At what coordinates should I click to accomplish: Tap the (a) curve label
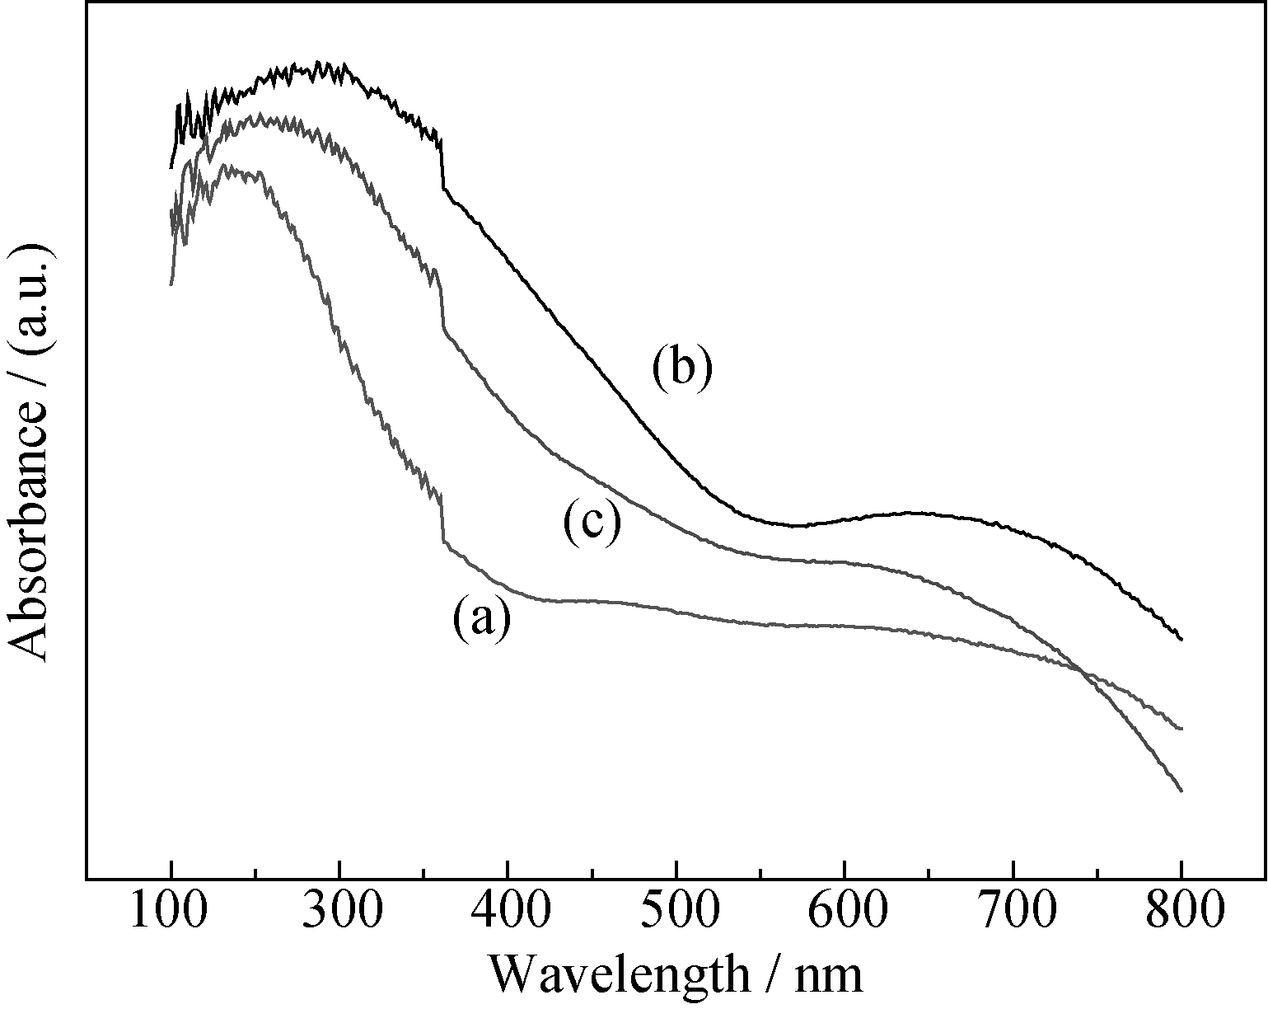pyautogui.click(x=481, y=619)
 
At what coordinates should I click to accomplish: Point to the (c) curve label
pyautogui.click(x=592, y=522)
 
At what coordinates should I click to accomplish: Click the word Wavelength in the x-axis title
pyautogui.click(x=620, y=975)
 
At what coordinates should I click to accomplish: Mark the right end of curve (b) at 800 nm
pyautogui.click(x=1181, y=638)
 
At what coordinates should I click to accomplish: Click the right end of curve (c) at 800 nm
pyautogui.click(x=1181, y=790)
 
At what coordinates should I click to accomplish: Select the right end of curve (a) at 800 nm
pyautogui.click(x=1181, y=729)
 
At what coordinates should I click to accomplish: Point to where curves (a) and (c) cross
pyautogui.click(x=1078, y=669)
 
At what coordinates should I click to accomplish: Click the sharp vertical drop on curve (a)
pyautogui.click(x=442, y=519)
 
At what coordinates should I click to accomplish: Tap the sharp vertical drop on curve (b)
pyautogui.click(x=442, y=165)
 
